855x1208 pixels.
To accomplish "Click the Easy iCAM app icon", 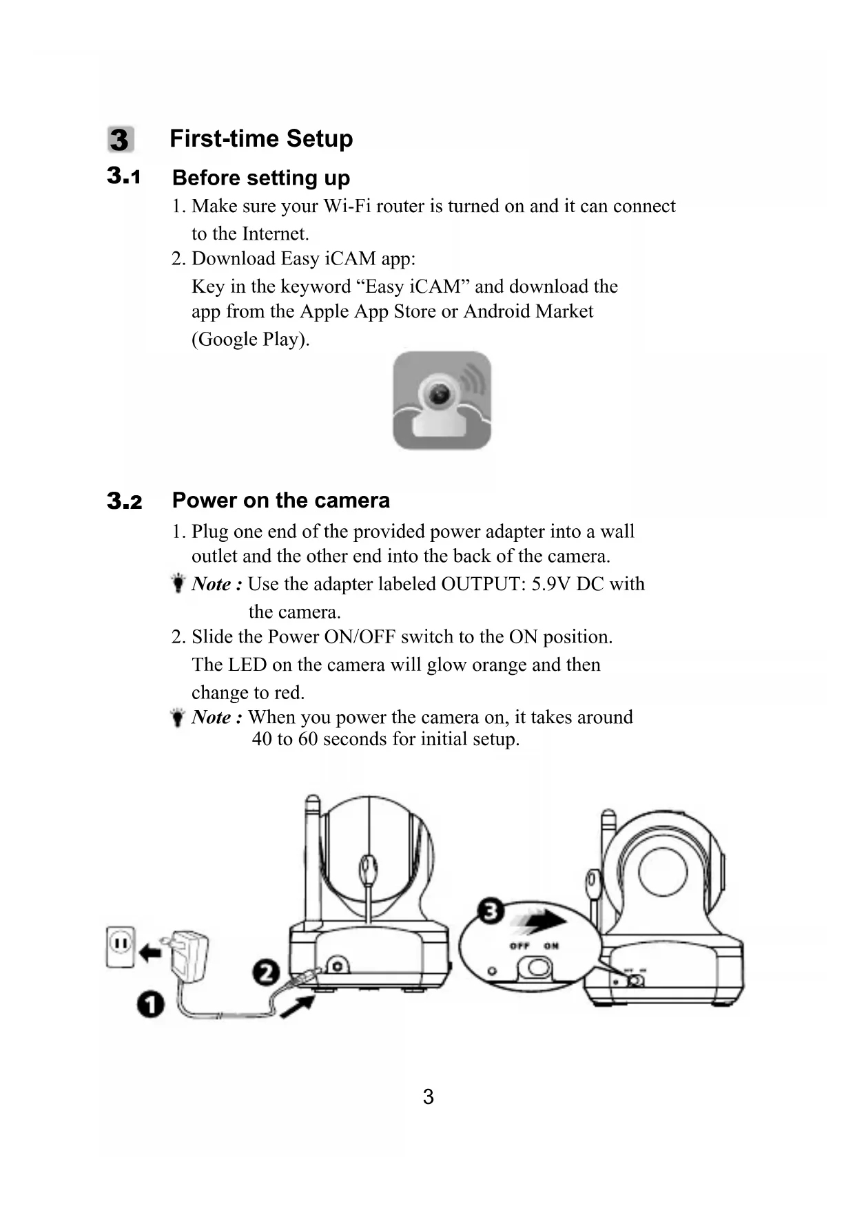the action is (x=442, y=401).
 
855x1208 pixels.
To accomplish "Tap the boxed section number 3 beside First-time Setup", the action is (x=120, y=140).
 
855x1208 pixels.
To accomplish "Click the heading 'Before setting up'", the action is (x=260, y=178).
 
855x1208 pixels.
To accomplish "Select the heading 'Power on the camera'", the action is (x=280, y=500).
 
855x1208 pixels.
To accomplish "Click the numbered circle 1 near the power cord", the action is (x=150, y=1005).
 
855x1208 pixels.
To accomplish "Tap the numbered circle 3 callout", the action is (x=490, y=912).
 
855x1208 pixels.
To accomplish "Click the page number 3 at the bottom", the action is (x=428, y=1096).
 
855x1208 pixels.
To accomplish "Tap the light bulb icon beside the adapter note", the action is (x=178, y=583).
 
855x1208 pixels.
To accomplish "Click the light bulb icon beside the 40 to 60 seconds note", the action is (x=178, y=717).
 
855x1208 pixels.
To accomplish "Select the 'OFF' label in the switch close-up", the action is (x=519, y=946).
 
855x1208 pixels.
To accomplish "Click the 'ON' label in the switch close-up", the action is (x=551, y=946).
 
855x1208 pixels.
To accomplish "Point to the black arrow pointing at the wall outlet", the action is (x=150, y=953).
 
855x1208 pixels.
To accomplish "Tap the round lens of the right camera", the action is (x=662, y=871).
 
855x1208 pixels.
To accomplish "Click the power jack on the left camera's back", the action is (x=337, y=966).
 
